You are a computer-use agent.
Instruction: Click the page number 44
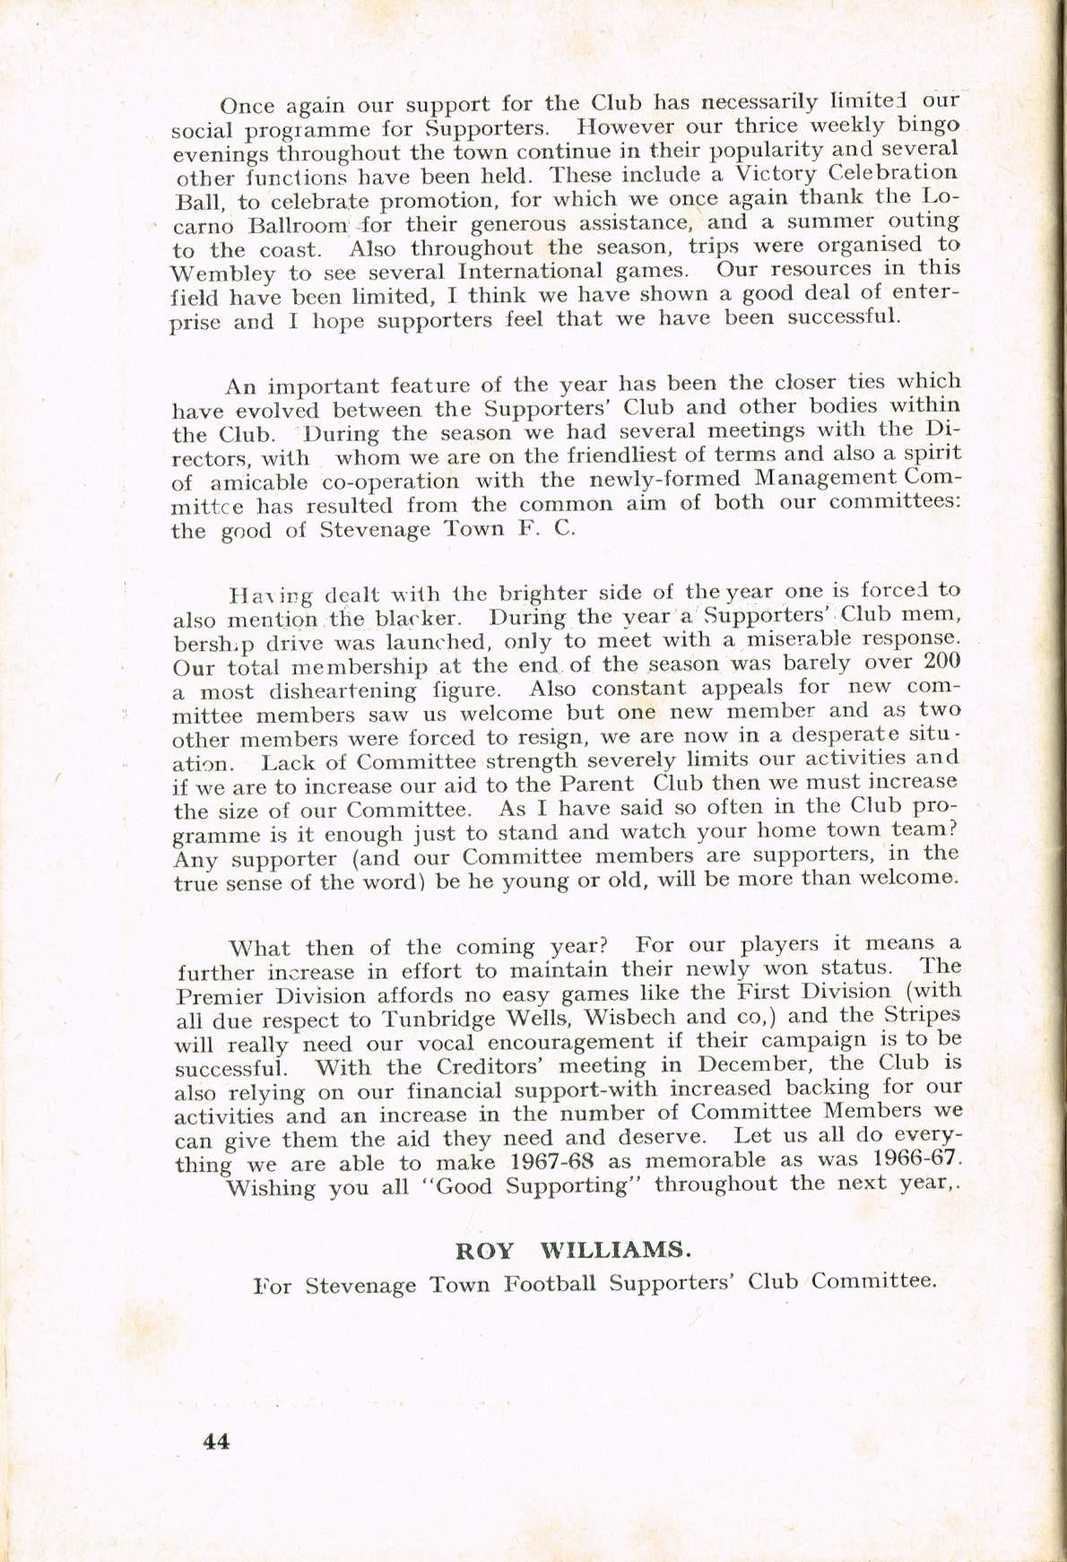(217, 1441)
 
